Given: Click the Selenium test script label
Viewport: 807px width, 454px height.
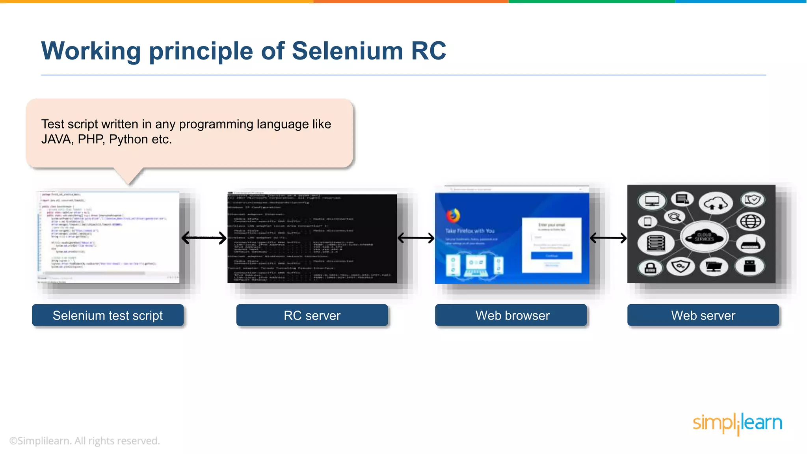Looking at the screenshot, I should point(108,315).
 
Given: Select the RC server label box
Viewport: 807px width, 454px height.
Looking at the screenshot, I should point(312,315).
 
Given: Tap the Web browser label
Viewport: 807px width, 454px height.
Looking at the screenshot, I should point(512,315).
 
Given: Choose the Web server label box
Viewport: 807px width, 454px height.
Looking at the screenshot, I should point(703,315).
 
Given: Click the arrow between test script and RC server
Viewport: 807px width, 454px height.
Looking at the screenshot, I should point(204,238).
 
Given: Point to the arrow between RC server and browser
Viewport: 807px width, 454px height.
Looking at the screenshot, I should point(416,238).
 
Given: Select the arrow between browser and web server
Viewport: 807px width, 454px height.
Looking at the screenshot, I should point(608,238).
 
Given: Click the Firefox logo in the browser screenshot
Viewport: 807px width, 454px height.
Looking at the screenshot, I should point(453,216).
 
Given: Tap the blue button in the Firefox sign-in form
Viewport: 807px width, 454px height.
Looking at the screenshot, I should point(551,256).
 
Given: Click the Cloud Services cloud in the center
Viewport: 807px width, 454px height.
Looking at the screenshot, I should point(704,237).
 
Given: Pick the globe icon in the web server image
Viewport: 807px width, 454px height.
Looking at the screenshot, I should point(751,221).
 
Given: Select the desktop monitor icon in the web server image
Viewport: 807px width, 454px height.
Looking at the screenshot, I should point(652,201).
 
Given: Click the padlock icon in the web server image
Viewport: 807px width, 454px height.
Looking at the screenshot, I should point(650,268).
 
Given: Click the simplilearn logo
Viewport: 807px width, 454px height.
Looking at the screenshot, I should point(737,423).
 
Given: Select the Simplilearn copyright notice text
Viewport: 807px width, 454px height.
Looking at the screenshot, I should point(84,441).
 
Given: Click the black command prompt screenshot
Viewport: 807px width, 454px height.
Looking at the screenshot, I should point(312,238).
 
